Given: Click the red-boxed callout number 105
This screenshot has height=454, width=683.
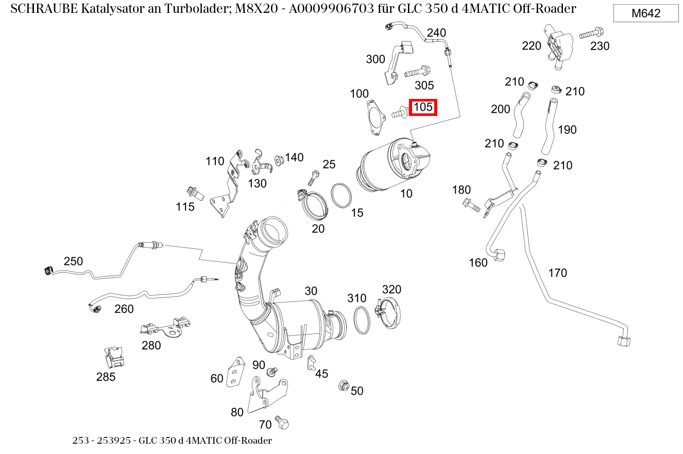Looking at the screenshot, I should pyautogui.click(x=423, y=107).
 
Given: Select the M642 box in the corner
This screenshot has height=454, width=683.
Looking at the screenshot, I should pyautogui.click(x=646, y=13).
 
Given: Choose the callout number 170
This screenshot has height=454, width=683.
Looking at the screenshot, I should pyautogui.click(x=557, y=273).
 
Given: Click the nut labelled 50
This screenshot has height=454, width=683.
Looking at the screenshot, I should pyautogui.click(x=343, y=385).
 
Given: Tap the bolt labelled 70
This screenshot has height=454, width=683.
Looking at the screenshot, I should pyautogui.click(x=281, y=422).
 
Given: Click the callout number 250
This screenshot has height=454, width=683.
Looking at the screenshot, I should pyautogui.click(x=73, y=261).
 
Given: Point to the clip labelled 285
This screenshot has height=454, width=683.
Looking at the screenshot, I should pyautogui.click(x=114, y=356).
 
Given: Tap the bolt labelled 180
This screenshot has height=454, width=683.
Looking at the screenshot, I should pyautogui.click(x=471, y=205).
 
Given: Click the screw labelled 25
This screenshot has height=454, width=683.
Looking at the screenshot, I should pyautogui.click(x=313, y=178).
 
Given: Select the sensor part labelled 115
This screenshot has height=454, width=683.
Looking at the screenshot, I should pyautogui.click(x=196, y=193).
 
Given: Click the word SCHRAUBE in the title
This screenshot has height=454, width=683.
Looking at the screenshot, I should pyautogui.click(x=42, y=9).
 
